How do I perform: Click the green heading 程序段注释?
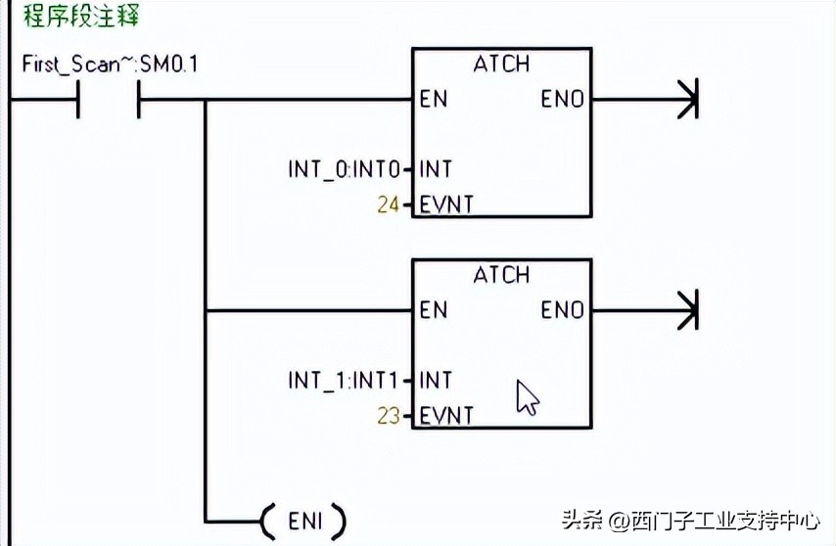coord(82,17)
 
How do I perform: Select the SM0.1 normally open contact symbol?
coord(108,99)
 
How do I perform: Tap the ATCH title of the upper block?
coord(501,64)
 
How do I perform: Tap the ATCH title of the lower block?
coord(501,275)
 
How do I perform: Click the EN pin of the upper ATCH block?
coord(433,99)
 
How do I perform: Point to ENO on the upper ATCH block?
coord(563,99)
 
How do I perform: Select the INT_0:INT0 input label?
coord(345,169)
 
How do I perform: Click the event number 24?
coord(389,205)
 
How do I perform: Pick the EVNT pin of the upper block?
coord(446,205)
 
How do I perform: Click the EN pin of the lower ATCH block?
coord(433,310)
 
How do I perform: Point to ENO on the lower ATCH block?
coord(563,310)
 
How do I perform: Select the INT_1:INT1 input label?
coord(345,380)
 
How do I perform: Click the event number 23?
coord(389,416)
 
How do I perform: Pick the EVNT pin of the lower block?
coord(446,416)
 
